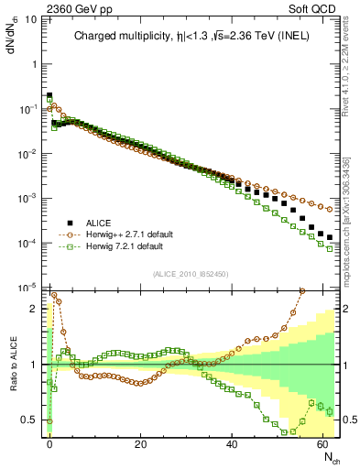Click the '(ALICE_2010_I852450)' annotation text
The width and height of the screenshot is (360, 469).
click(x=191, y=272)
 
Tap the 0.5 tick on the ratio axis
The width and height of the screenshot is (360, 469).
click(x=29, y=420)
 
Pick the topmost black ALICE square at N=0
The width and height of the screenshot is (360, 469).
click(x=49, y=94)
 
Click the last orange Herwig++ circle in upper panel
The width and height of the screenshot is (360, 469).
click(x=330, y=209)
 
